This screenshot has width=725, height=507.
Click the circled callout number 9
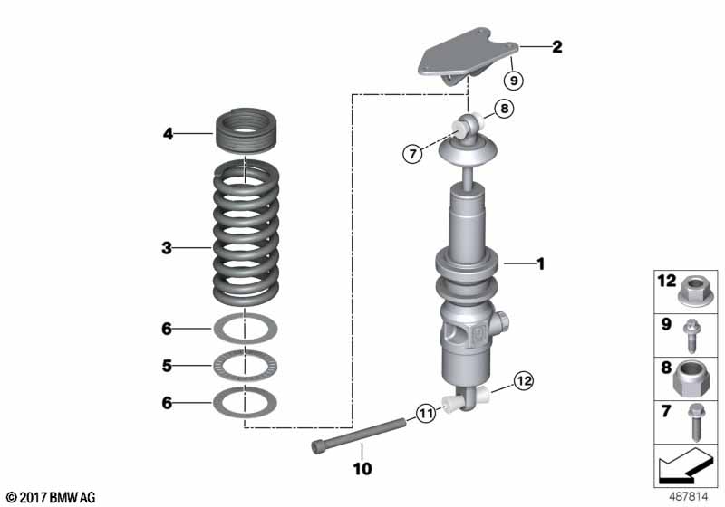[513, 81]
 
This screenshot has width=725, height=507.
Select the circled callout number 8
[504, 110]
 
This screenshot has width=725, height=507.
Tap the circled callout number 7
[412, 154]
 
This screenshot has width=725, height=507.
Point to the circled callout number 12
[523, 381]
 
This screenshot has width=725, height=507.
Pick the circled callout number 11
[426, 415]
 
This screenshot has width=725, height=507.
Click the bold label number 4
[167, 135]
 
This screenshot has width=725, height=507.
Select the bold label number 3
[167, 246]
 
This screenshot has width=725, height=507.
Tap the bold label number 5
[167, 366]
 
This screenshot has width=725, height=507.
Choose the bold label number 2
[556, 45]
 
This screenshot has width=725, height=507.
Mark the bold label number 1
[540, 264]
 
